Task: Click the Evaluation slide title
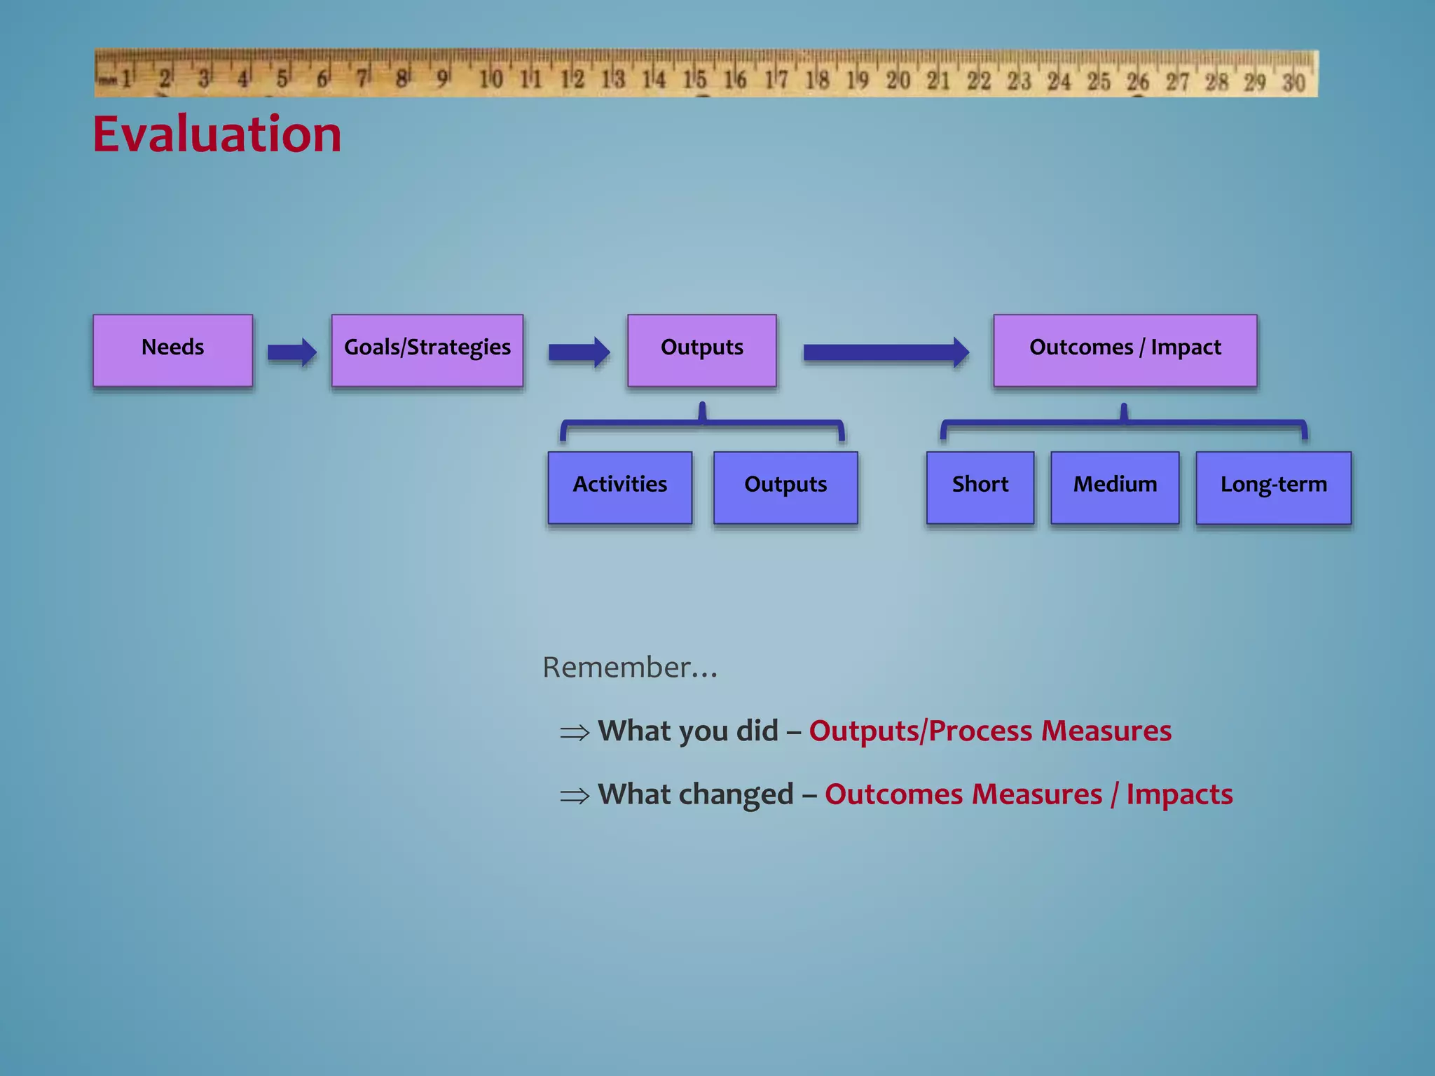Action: point(217,134)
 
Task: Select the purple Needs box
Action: point(173,350)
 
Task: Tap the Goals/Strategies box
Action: point(427,350)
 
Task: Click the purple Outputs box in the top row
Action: point(702,350)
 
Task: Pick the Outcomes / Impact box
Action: point(1125,350)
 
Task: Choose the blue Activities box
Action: point(620,488)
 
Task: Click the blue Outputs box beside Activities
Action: point(785,488)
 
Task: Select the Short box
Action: point(980,488)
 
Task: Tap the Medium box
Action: point(1115,488)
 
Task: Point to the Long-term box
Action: point(1273,488)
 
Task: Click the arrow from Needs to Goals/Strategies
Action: point(292,352)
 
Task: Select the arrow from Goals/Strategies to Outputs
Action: point(579,352)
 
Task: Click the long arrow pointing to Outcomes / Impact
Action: point(886,352)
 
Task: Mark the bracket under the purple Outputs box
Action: point(702,422)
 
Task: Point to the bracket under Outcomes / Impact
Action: point(1124,422)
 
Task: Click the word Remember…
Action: point(630,668)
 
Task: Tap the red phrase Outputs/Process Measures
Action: point(990,731)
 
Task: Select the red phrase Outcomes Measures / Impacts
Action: point(1029,794)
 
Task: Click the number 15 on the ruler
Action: point(695,79)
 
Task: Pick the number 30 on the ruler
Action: point(1293,82)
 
